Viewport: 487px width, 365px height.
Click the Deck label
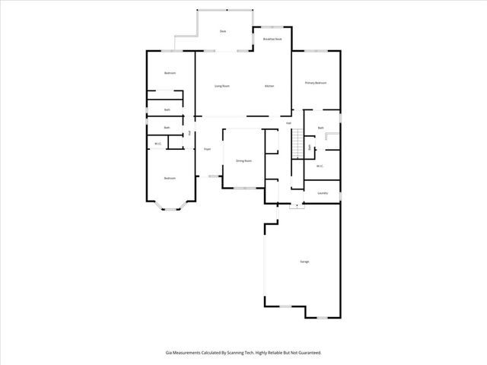tap(223, 31)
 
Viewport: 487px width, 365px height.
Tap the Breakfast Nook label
tap(272, 38)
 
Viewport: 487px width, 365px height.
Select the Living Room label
tap(221, 86)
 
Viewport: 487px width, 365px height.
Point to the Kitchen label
tap(269, 86)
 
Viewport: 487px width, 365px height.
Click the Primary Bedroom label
tap(316, 83)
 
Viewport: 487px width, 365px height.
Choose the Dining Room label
tap(243, 161)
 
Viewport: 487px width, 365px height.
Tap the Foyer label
tap(206, 150)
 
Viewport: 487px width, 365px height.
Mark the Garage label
tap(304, 262)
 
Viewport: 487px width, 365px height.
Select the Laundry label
tap(322, 193)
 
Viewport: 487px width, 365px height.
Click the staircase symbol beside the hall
tap(298, 144)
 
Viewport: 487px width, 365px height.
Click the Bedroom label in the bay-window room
tap(169, 179)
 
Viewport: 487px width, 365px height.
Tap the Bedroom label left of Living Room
tap(170, 73)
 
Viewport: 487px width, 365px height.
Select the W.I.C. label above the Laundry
tap(320, 166)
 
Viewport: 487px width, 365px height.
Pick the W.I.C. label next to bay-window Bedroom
tap(158, 144)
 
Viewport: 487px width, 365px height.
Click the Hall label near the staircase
tap(288, 123)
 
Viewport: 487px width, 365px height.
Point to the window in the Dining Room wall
tap(244, 188)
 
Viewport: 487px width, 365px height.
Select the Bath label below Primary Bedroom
tap(320, 128)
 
